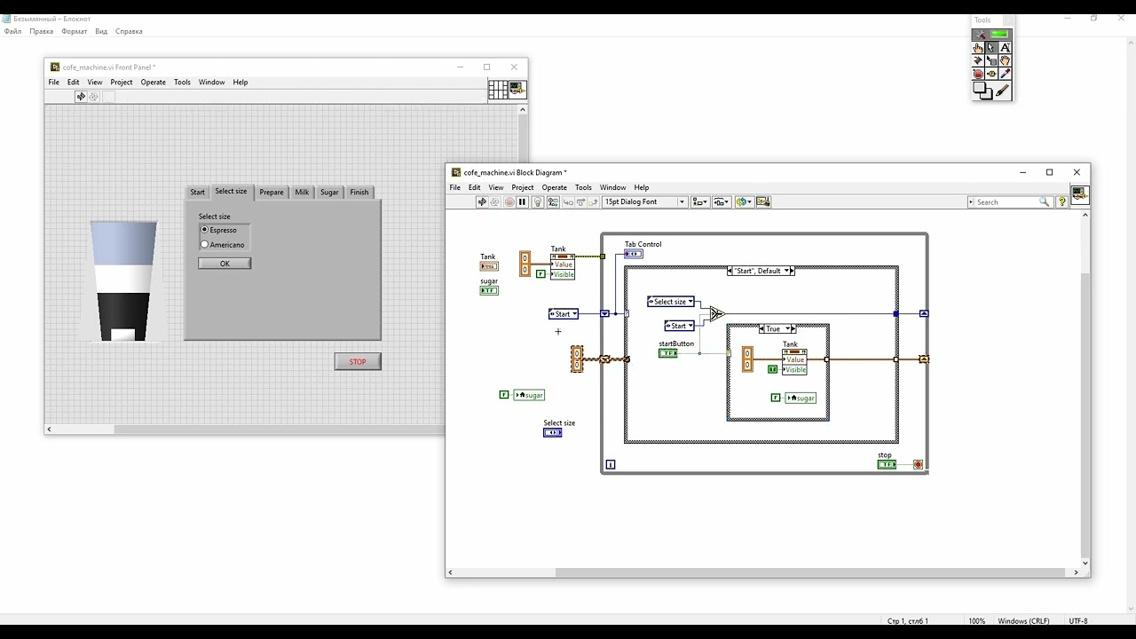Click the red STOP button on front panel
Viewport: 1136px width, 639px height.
click(x=358, y=361)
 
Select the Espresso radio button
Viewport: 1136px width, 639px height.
click(x=205, y=230)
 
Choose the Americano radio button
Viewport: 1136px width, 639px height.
click(x=205, y=245)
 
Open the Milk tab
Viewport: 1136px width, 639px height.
click(x=302, y=193)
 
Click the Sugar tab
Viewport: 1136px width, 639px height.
click(x=329, y=193)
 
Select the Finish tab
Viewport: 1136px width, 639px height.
click(x=359, y=193)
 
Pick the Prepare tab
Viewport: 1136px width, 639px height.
click(x=272, y=193)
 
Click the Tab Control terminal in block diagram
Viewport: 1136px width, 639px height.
click(x=633, y=254)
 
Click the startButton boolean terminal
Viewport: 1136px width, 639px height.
click(x=667, y=353)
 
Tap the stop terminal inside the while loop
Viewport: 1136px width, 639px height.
click(x=887, y=464)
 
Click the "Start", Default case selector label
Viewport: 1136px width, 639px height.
click(x=760, y=271)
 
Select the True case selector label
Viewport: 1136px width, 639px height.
click(x=774, y=328)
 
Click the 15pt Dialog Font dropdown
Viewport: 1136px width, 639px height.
click(x=644, y=202)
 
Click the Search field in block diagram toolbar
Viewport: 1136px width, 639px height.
click(x=1006, y=202)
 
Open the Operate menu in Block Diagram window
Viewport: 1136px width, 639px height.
click(x=554, y=187)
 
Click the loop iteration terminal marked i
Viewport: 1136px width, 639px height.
click(x=611, y=464)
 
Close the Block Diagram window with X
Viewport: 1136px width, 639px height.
click(x=1077, y=172)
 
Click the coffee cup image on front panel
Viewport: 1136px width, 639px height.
click(x=123, y=280)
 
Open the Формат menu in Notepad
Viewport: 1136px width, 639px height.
click(x=74, y=31)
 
